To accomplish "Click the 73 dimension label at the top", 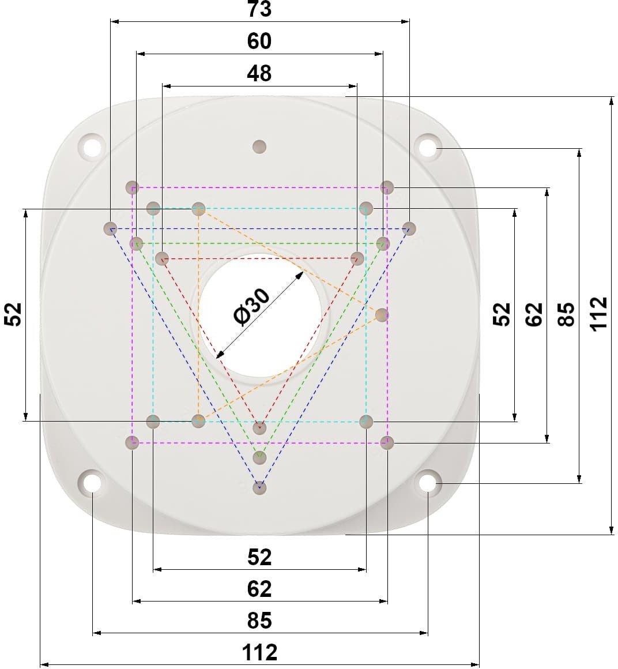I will [259, 9].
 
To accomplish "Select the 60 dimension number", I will [259, 42].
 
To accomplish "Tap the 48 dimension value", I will [259, 74].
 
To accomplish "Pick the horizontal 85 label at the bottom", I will [259, 621].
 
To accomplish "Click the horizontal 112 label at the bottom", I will [259, 653].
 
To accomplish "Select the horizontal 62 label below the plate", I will [259, 589].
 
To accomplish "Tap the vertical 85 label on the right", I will [567, 314].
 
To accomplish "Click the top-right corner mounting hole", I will [428, 146].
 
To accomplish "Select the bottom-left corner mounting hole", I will [91, 481].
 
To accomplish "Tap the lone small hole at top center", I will [260, 146].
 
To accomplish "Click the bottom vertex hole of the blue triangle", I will [260, 488].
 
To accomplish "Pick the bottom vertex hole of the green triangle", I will [260, 458].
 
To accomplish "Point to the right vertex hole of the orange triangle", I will [382, 315].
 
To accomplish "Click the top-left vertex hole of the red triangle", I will [163, 258].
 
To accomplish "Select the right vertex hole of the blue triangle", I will [409, 228].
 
